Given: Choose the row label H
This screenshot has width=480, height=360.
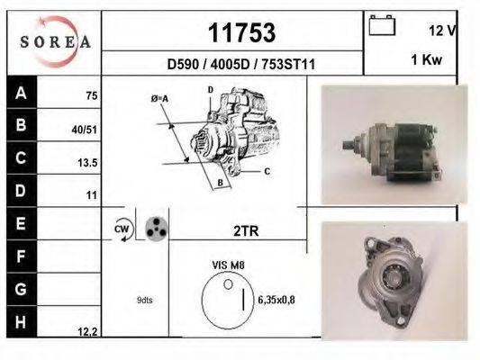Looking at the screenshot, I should click(20, 321).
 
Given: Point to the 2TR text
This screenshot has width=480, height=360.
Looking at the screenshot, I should click(245, 231).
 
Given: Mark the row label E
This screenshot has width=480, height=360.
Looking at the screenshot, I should click(20, 222).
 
